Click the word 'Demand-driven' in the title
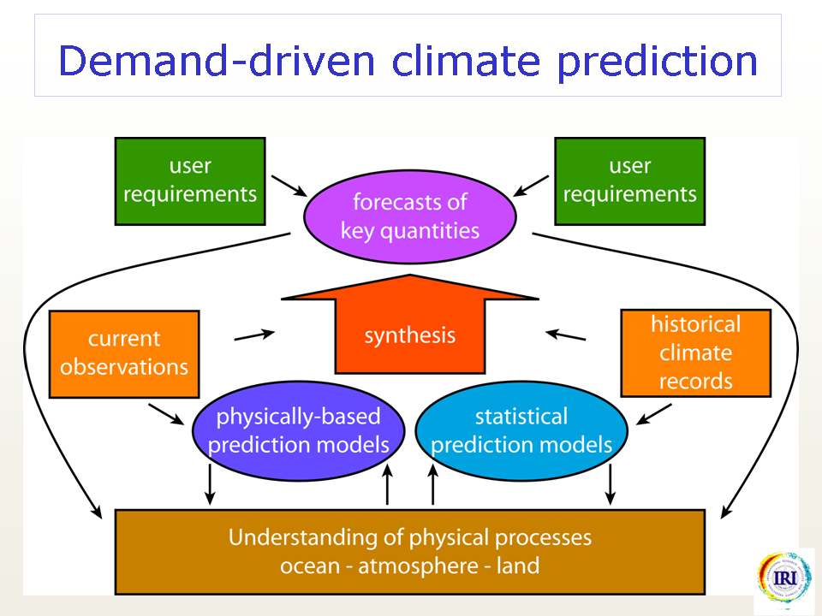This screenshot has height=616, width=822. (217, 61)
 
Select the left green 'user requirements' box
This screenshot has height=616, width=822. (190, 181)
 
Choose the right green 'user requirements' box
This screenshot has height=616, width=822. (629, 181)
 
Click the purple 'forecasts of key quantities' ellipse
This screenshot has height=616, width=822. (410, 216)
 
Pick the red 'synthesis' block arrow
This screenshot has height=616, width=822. (410, 325)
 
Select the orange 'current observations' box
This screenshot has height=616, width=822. (124, 354)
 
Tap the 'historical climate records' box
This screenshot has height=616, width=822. (695, 353)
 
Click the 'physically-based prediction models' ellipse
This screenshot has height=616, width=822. (298, 430)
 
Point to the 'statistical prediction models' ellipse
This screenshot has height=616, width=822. (521, 430)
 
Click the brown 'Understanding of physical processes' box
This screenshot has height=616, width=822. (410, 552)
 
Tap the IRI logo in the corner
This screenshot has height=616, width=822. (783, 577)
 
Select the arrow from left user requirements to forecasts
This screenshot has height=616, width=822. (289, 186)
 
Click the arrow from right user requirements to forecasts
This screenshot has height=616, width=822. (531, 186)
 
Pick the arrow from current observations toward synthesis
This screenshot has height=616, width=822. (254, 335)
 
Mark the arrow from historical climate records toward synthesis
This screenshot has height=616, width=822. (566, 335)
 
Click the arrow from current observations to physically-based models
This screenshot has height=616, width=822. (166, 414)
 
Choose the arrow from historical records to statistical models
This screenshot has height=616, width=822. (653, 414)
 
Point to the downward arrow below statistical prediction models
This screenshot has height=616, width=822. (610, 484)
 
